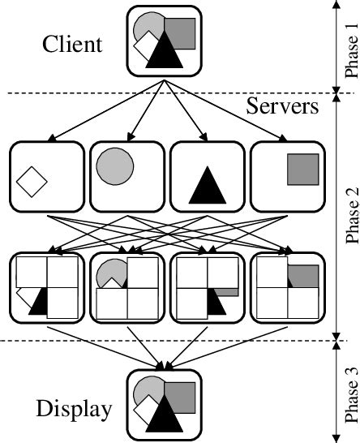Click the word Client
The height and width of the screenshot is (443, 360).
[x=73, y=43]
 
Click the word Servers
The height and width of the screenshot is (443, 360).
[x=281, y=106]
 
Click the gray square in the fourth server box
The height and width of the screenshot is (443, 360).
[x=301, y=169]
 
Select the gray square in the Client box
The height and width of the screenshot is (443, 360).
[x=180, y=32]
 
